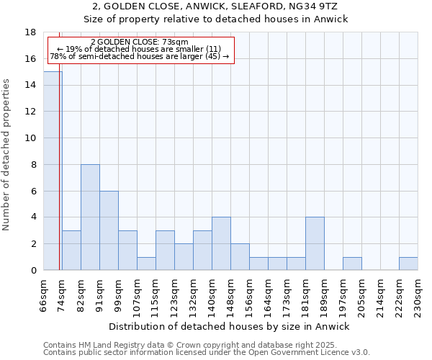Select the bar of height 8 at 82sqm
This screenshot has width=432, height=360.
click(90, 217)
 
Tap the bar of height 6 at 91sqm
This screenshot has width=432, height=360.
click(109, 230)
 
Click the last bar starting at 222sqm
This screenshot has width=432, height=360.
click(408, 264)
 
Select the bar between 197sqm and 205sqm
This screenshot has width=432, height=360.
click(352, 264)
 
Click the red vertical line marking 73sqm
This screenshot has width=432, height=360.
click(59, 180)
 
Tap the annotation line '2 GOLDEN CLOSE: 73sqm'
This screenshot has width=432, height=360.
click(140, 42)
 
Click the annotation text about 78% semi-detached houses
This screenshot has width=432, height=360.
click(140, 56)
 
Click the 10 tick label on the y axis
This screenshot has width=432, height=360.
click(31, 138)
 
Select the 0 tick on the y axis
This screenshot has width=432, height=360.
click(34, 271)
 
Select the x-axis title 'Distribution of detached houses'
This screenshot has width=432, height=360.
click(230, 326)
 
